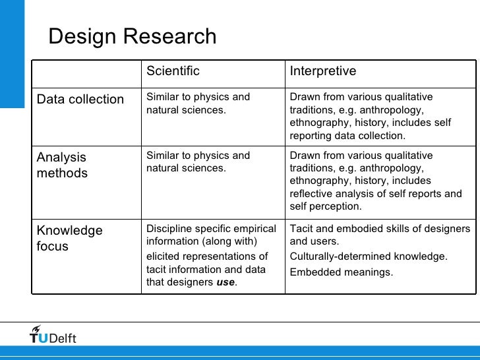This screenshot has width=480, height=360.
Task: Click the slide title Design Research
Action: coord(132,37)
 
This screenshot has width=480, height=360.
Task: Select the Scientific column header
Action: coord(173,71)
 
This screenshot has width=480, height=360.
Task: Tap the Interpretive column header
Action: coord(323,71)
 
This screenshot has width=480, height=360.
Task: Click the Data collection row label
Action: coord(80,100)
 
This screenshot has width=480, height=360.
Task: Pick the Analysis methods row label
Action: coord(62,165)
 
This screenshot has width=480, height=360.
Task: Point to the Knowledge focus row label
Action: coord(69,239)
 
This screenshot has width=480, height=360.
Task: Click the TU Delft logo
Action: coord(53,336)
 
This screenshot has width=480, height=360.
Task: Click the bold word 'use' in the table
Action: coord(225,283)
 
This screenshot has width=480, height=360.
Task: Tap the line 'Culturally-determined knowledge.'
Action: coord(369,256)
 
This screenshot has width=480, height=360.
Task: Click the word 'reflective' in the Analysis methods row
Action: coord(310,194)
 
